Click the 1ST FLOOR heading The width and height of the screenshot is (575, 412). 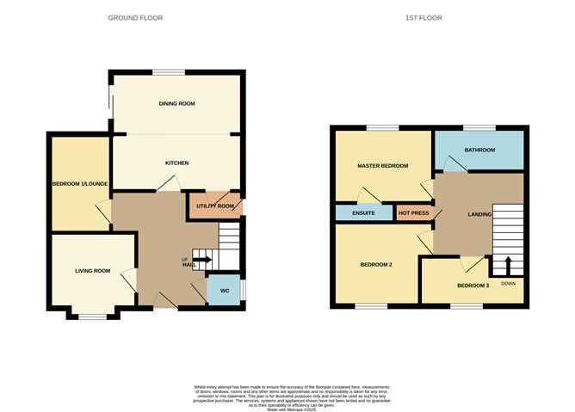click(429, 17)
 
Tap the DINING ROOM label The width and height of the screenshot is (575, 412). click(176, 103)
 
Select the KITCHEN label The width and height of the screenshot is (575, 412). click(176, 163)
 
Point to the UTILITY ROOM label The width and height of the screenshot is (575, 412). click(215, 206)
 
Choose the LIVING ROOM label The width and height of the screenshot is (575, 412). click(92, 271)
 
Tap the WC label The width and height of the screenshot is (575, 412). click(223, 291)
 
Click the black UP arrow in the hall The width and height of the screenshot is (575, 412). click(201, 259)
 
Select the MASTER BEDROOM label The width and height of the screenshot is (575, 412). click(382, 165)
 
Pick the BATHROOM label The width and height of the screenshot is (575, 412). click(479, 151)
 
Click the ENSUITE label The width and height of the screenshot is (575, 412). click(363, 212)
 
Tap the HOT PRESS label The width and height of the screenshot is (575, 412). click(414, 212)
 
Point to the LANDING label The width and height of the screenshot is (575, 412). click(479, 214)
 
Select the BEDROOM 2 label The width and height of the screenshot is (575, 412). click(376, 264)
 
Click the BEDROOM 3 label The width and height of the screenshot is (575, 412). click(473, 286)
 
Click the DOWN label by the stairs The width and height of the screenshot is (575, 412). click(508, 283)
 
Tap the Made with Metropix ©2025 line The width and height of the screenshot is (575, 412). click(287, 410)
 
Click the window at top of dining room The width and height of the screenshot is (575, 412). click(169, 71)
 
